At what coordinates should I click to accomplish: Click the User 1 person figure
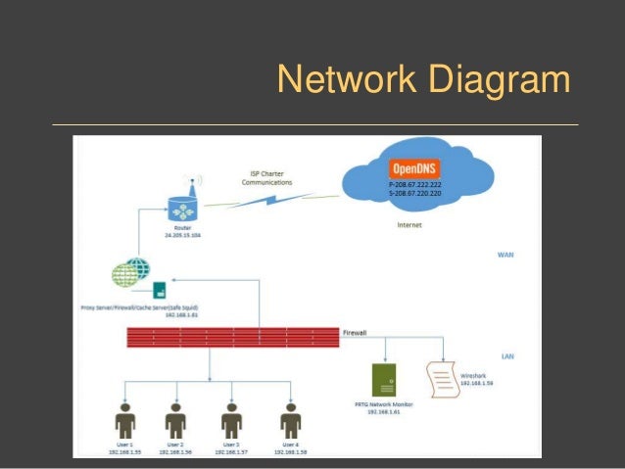coord(124,421)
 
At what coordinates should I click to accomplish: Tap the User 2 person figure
coord(176,421)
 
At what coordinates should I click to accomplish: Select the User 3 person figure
coord(232,421)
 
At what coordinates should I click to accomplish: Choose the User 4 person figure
coord(289,421)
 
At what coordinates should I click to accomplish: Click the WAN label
coord(505,256)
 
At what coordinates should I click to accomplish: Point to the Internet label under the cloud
coord(410,225)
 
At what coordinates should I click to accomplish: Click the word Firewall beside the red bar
coord(355,333)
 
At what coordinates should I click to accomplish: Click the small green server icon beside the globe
coord(159,289)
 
